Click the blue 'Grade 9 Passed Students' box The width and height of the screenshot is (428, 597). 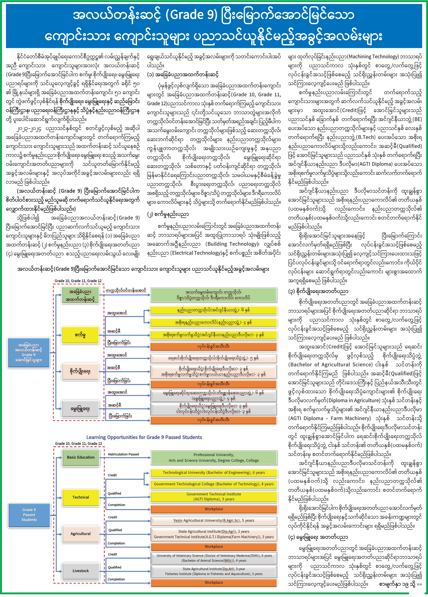coord(29,515)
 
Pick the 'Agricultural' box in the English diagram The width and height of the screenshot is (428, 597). coord(81,534)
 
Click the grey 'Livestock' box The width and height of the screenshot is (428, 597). coord(81,571)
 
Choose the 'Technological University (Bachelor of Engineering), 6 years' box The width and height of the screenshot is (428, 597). coord(214,473)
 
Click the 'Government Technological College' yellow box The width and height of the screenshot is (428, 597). coord(214,484)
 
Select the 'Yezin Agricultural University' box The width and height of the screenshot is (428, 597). coord(214,520)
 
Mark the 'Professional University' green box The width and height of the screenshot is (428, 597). coord(214,457)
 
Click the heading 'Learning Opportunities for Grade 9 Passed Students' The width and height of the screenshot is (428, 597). coord(144,437)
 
